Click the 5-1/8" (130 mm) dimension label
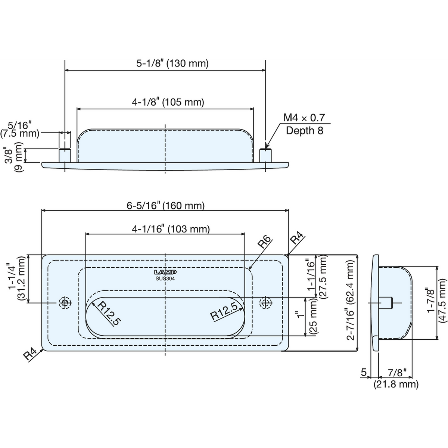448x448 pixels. click(172, 63)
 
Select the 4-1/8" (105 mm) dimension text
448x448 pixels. click(168, 102)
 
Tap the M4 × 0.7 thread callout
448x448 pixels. click(304, 118)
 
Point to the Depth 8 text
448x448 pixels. click(304, 131)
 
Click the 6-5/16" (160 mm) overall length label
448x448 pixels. click(165, 205)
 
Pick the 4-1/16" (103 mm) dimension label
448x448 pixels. click(171, 229)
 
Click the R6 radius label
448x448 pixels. click(264, 242)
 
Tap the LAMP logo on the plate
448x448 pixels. click(165, 272)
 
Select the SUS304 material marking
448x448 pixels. click(165, 279)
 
